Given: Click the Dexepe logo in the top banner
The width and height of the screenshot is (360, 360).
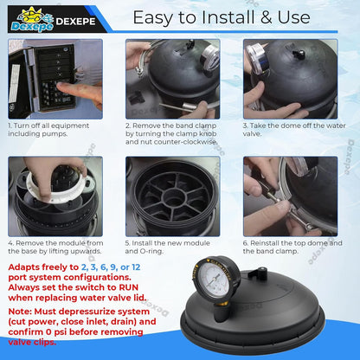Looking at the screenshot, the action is point(32,19).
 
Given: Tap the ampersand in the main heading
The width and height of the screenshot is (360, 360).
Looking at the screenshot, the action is point(267,17).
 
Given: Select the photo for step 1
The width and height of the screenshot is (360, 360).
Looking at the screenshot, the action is point(55,79).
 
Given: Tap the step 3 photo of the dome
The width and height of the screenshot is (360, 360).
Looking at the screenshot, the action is point(290,79).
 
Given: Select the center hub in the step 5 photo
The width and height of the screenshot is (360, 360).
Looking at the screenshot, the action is point(172,197).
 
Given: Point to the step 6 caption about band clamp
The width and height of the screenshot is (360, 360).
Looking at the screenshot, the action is point(292,247).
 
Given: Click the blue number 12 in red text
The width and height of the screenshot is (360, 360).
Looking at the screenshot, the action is point(136,267).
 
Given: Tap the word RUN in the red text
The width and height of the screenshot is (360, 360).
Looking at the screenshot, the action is point(129,287).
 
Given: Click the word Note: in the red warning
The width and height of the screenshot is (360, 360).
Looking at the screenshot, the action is point(20,312).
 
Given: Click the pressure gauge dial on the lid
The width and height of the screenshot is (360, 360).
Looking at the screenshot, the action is point(215,279).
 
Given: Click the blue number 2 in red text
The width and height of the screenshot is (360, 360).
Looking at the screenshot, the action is point(84,267).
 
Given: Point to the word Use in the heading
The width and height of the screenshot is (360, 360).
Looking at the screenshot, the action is point(293,17).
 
